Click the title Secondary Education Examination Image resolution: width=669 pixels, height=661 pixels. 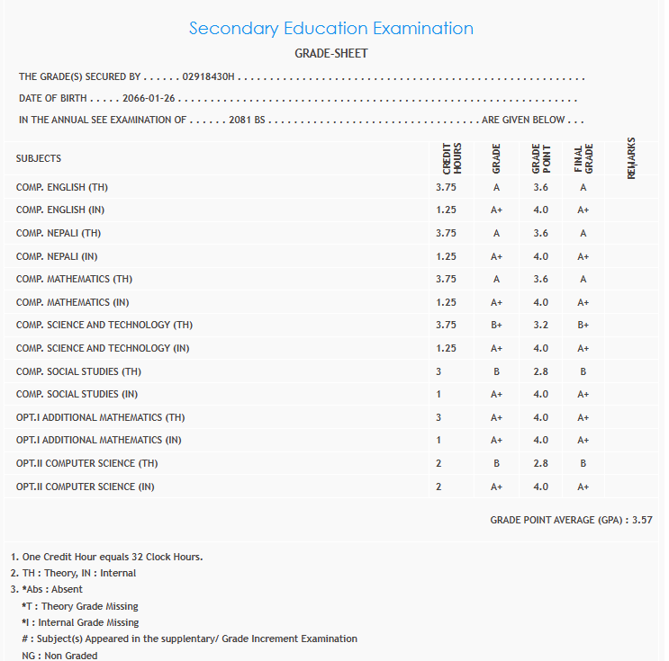click(x=331, y=28)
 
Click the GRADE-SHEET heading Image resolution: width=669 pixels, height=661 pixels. click(x=331, y=54)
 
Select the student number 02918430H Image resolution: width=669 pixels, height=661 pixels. click(x=208, y=77)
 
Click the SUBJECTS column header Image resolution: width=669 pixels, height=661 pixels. click(x=39, y=158)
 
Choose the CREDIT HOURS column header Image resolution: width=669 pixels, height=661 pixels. click(x=451, y=158)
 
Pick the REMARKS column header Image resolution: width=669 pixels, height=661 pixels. click(x=631, y=158)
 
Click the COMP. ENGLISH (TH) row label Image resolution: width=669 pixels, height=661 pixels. click(x=62, y=187)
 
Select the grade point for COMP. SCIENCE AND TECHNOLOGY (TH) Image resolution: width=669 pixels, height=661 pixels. click(x=540, y=325)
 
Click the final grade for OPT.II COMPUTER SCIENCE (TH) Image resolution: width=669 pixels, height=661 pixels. click(x=583, y=463)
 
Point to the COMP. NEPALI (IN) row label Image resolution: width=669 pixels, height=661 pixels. click(x=57, y=256)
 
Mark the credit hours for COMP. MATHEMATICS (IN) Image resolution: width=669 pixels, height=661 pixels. click(x=446, y=302)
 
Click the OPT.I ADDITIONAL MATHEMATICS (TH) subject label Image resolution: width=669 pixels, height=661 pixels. click(x=101, y=417)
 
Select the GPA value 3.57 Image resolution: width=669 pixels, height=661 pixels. click(x=642, y=520)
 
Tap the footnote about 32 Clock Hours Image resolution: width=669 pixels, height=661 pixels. click(x=106, y=557)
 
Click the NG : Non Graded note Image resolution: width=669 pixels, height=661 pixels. click(x=59, y=656)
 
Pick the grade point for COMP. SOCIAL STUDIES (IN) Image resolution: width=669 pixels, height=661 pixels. click(x=540, y=394)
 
